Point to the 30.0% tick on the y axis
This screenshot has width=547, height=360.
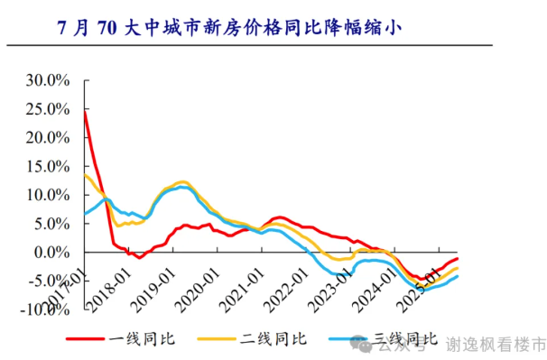[47, 80]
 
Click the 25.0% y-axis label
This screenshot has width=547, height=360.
[47, 109]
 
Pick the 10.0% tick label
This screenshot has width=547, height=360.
[47, 195]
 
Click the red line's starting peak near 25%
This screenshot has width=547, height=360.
[85, 111]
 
